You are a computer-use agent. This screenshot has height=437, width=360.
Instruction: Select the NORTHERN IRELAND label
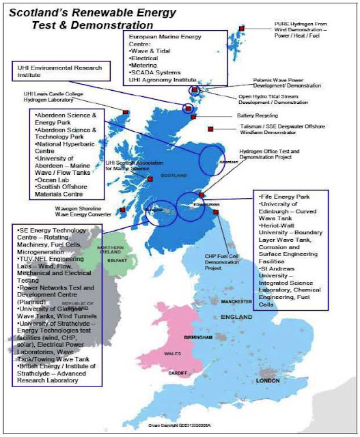[110, 249]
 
